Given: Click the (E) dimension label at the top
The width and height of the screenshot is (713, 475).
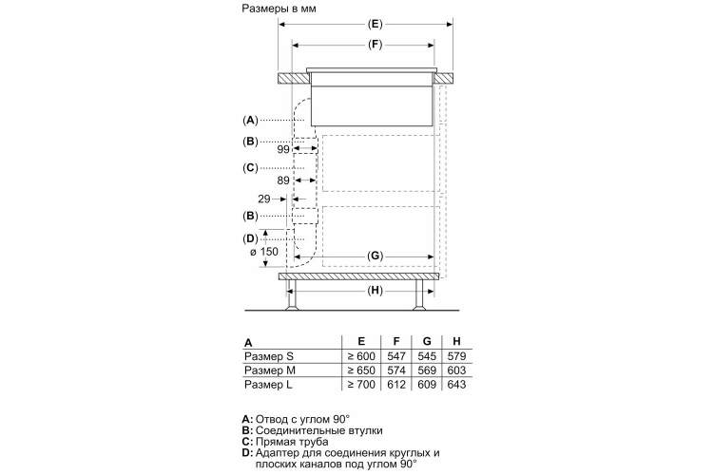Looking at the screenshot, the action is coord(375,24).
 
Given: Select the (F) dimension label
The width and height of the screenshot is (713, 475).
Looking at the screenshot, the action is coord(375,45).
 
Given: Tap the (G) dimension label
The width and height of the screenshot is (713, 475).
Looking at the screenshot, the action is coord(375,256).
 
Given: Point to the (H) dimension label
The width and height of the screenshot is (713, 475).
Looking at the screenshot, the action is coord(375,291).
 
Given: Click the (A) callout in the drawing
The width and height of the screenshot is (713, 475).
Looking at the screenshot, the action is coord(250,120).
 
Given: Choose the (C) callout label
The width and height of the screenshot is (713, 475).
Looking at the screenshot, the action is coord(250,168).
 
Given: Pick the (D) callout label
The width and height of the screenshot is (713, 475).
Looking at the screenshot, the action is coord(250,238).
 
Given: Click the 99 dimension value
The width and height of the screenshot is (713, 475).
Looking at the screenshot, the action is coord(283,149).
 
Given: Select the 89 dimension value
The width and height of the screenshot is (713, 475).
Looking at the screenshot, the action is coord(283,180).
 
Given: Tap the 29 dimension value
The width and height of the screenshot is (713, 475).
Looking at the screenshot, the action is coord(264,199).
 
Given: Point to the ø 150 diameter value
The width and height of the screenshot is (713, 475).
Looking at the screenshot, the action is coord(264,252).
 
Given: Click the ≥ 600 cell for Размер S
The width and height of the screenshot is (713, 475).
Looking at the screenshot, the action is coord(361,356).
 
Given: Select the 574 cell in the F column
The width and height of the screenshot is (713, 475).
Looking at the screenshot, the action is coord(396,370).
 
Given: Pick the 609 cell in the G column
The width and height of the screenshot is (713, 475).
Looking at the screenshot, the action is coord(427,385).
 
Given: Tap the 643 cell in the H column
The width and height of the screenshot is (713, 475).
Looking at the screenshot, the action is coord(456,385).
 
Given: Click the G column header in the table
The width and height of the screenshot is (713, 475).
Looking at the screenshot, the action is coord(427,341).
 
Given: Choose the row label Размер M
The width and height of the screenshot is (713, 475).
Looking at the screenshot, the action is coord(270,370).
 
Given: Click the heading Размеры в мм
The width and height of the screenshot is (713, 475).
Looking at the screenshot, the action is coord(279,9).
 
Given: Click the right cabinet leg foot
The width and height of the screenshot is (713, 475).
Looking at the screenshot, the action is coord(419,308).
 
